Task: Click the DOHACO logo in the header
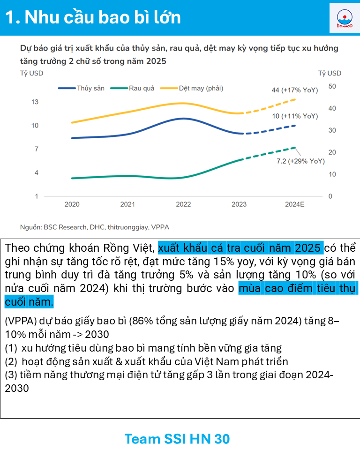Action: pos(344,18)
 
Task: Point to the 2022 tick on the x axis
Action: pos(183,204)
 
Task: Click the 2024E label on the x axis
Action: pos(295,204)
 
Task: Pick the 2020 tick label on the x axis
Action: pos(72,204)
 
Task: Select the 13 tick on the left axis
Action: pos(35,102)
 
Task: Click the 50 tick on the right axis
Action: pos(332,86)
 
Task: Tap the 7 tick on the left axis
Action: pos(36,149)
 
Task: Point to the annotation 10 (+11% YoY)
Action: pos(295,116)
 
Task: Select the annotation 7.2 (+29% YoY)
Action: pos(300,161)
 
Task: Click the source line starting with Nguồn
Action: pos(94,227)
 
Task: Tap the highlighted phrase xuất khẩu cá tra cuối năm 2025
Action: pos(240,247)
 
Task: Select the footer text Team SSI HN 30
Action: pos(177,439)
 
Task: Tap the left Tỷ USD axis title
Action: pos(31,73)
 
